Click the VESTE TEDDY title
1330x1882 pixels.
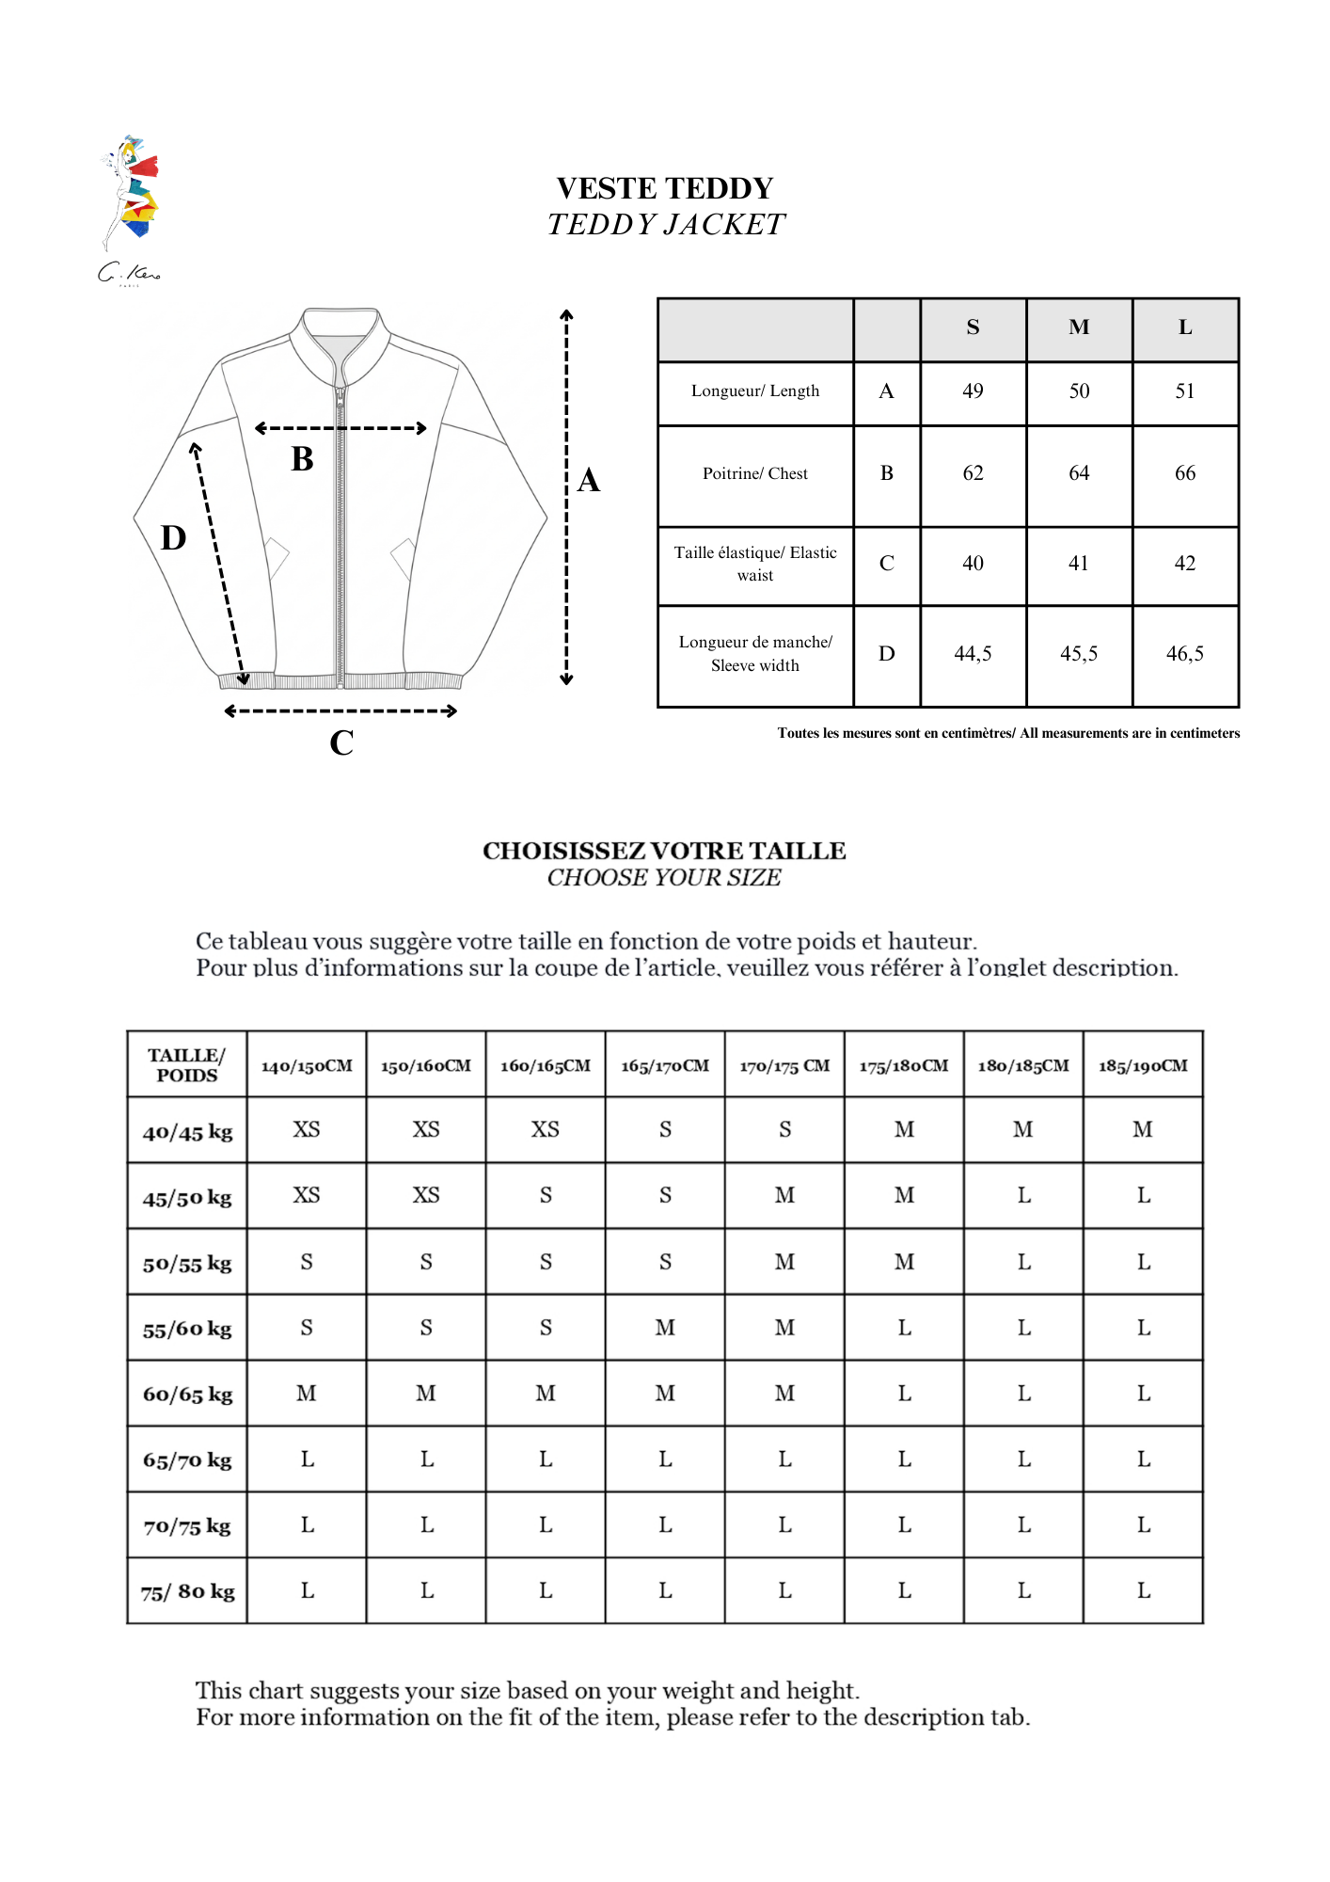[665, 188]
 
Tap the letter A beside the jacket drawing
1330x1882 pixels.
[589, 481]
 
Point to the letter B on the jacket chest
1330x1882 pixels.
[302, 459]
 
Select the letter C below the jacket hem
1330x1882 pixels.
[341, 743]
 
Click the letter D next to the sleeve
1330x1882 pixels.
[174, 538]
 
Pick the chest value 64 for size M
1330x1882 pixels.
[1079, 473]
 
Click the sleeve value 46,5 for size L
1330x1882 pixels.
[1184, 654]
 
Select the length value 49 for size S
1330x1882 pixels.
[973, 391]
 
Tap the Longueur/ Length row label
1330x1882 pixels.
[755, 391]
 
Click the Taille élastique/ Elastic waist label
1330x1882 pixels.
[755, 564]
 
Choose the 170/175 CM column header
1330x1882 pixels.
[784, 1066]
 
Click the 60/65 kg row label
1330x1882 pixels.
[187, 1395]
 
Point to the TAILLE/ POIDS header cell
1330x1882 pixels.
[187, 1065]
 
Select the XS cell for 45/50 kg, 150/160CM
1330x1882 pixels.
[426, 1195]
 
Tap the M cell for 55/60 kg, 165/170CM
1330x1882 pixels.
[665, 1328]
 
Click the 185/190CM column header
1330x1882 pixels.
[1143, 1066]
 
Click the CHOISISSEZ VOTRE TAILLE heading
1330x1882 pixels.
[664, 851]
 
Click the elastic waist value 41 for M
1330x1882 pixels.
[1079, 564]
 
